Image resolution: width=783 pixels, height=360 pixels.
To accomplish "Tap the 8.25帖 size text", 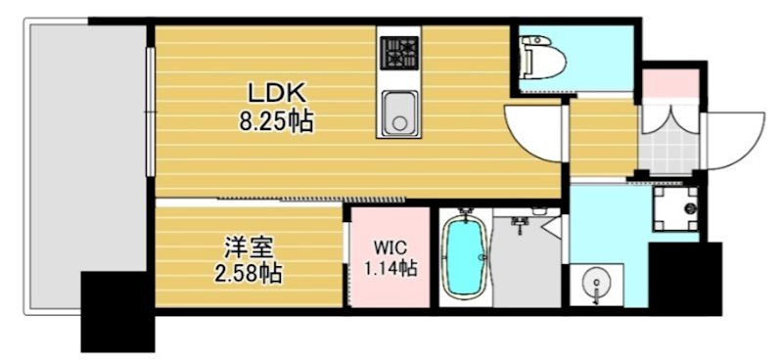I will (277, 123).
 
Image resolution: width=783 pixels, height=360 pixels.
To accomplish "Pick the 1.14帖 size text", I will (391, 267).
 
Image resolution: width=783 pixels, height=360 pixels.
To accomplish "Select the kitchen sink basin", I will (398, 111).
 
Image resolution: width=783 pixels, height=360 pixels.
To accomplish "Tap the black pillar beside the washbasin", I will (684, 278).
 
